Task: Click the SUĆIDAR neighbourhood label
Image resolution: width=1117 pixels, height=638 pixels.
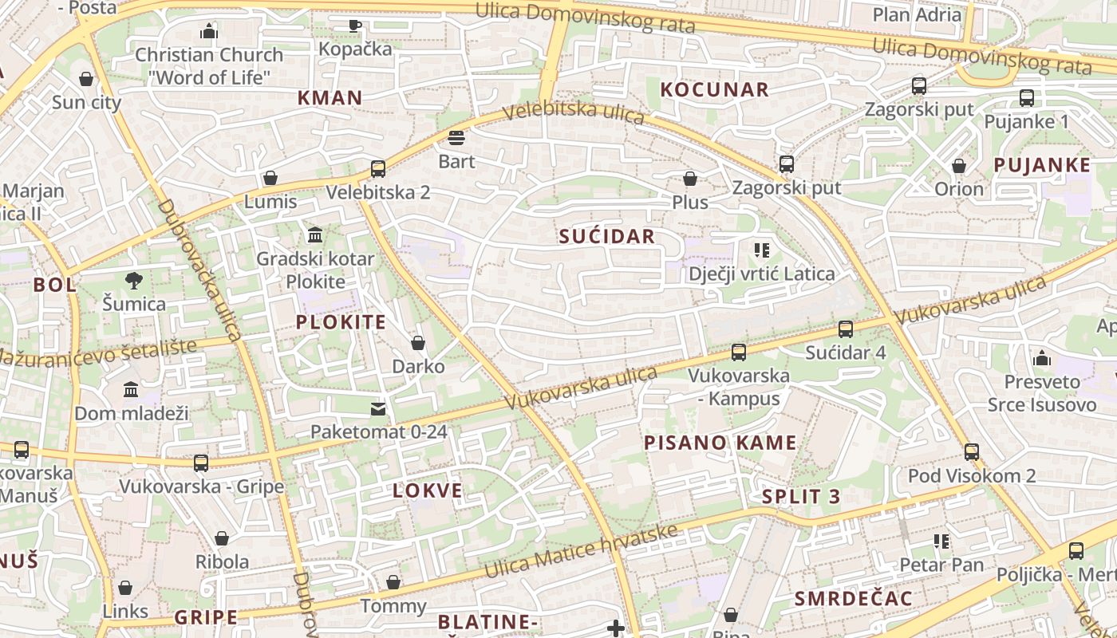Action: click(606, 236)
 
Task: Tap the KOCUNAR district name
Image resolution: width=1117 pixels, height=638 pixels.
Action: click(714, 89)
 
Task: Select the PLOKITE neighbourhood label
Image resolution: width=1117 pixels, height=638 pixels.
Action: click(341, 322)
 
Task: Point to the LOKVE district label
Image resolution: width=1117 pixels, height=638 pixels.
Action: click(427, 490)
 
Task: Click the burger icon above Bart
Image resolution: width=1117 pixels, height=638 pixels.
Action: click(456, 138)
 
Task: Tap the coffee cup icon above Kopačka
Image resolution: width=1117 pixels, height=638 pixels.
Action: click(355, 26)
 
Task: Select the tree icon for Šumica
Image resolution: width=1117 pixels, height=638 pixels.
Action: click(134, 280)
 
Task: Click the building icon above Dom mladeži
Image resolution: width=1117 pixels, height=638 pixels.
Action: click(131, 390)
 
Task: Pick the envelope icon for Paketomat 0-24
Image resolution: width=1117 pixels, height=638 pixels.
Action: click(378, 409)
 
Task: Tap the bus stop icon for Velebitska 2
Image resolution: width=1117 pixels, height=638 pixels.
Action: click(378, 169)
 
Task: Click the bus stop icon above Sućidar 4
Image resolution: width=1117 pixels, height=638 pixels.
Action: click(846, 329)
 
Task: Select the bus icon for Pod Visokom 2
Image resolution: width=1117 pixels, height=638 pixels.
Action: click(972, 452)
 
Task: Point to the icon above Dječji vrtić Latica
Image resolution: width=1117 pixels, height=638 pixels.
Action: click(761, 250)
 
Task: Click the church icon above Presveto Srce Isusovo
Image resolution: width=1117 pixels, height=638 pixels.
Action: click(1042, 358)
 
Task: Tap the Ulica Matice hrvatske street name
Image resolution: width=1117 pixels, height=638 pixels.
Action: click(581, 551)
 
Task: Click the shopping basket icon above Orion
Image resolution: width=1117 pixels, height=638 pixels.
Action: click(959, 166)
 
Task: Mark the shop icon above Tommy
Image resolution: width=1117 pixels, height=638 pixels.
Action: click(393, 583)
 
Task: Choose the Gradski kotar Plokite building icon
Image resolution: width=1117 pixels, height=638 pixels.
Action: click(315, 235)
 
